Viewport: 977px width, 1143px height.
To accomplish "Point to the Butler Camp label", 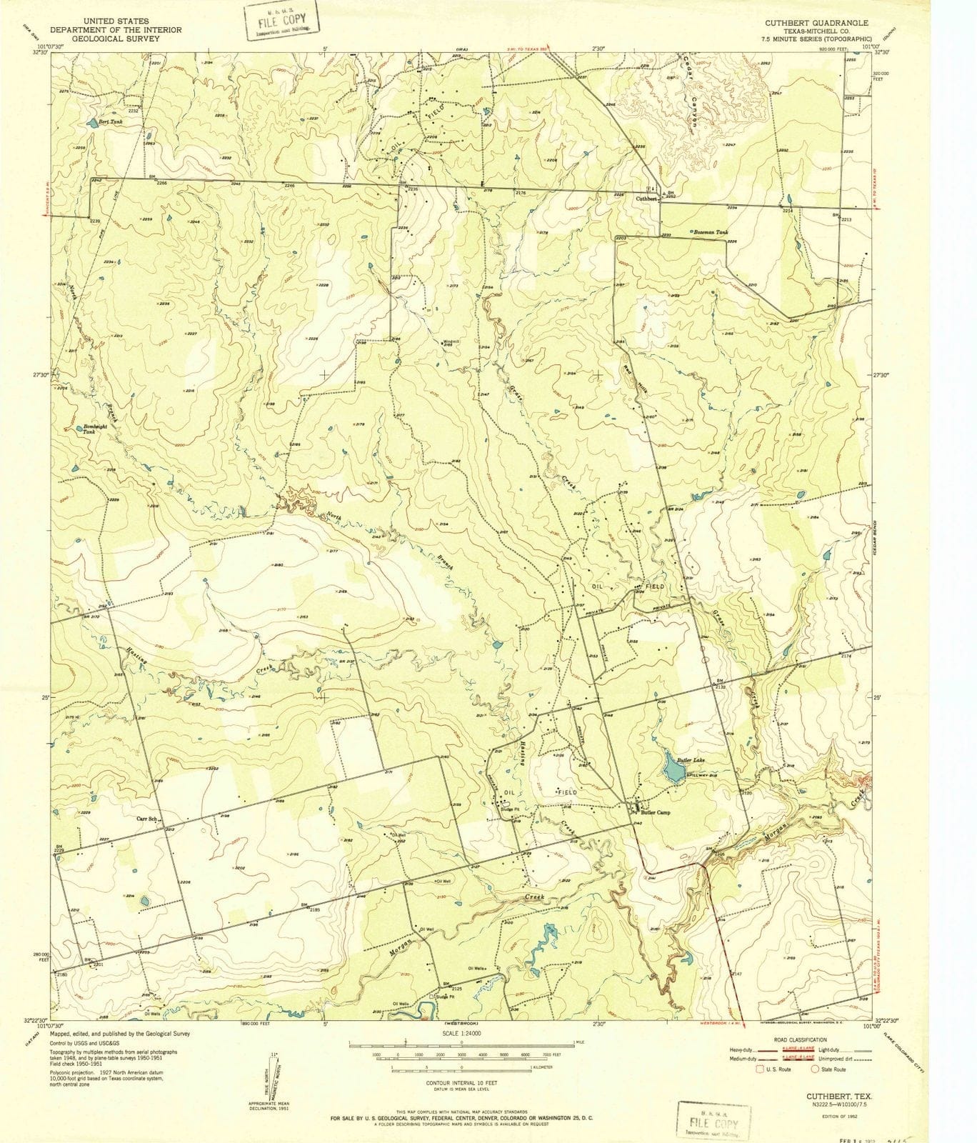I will (x=655, y=812).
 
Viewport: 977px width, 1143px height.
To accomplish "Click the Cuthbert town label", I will (x=646, y=199).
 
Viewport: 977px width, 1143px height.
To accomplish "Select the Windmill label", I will (x=451, y=341).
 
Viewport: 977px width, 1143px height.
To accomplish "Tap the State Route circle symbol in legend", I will (x=814, y=1069).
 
